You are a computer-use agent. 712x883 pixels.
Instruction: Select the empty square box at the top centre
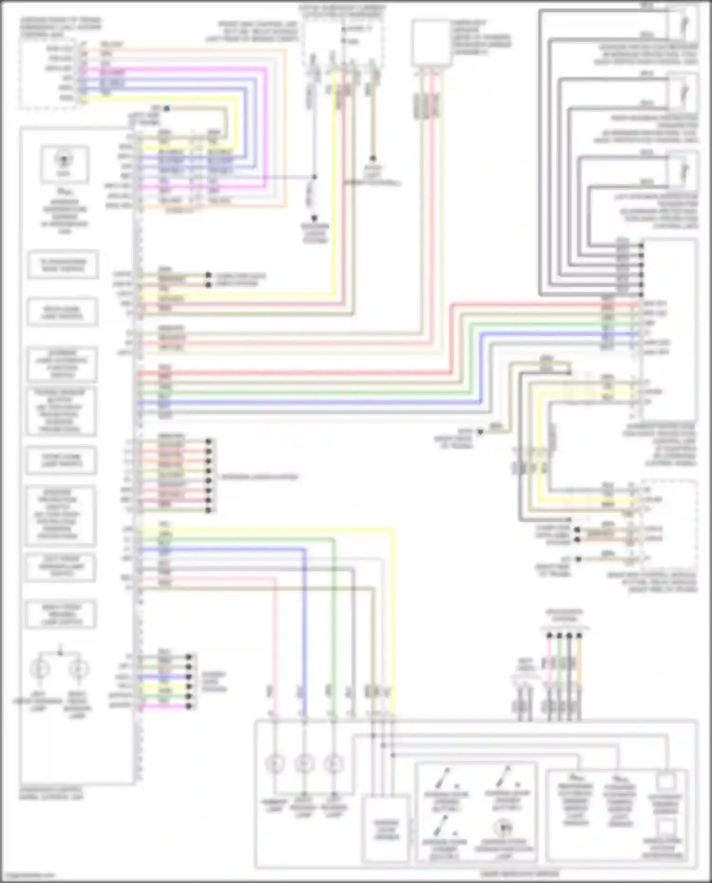tap(431, 43)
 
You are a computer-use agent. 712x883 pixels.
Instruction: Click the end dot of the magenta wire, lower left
tap(189, 706)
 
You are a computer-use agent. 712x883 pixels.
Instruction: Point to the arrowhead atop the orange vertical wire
tap(580, 635)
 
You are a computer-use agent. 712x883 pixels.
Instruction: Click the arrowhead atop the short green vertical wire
tap(559, 635)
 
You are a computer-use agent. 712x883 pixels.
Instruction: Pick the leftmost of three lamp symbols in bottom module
tap(275, 764)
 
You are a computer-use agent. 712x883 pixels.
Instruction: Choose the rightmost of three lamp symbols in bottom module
tap(334, 764)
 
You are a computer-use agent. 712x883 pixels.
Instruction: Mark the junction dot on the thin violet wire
tap(314, 177)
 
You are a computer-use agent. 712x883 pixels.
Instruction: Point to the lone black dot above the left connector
tap(166, 109)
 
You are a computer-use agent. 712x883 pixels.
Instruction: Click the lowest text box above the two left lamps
tap(61, 614)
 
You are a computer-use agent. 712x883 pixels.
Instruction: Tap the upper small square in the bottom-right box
tap(665, 781)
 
